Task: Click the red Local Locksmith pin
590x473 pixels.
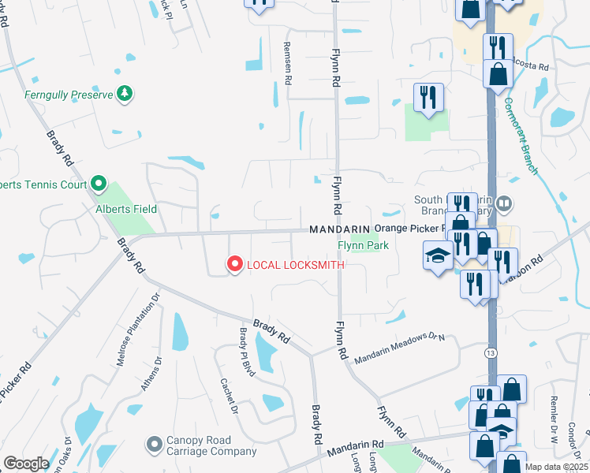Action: click(234, 264)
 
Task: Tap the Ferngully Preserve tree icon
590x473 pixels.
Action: click(124, 95)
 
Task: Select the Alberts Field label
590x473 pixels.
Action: click(126, 209)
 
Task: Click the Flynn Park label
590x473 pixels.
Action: click(363, 245)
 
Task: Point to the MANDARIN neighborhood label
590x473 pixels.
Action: click(340, 229)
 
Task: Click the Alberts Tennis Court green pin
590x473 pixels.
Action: click(98, 184)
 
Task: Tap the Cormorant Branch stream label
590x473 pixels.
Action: click(521, 136)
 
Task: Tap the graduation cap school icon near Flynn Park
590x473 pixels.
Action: click(437, 255)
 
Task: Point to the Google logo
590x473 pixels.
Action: click(25, 464)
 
